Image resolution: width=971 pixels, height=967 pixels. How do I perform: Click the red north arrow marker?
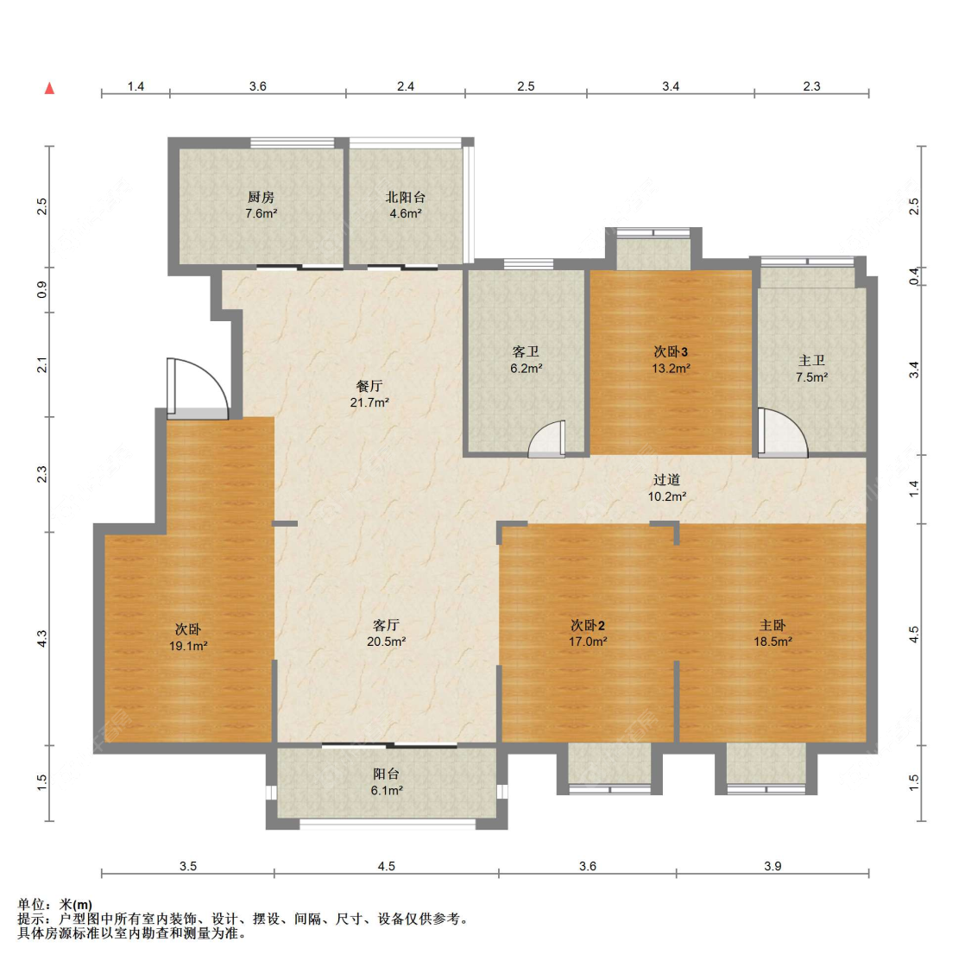(x=49, y=88)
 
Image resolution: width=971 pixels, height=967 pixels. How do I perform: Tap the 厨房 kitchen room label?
(x=261, y=197)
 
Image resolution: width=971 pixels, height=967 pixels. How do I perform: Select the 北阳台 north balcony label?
(x=406, y=197)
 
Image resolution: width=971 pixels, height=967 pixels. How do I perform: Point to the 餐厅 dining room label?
(x=369, y=386)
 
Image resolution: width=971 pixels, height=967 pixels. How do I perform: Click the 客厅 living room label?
(x=386, y=625)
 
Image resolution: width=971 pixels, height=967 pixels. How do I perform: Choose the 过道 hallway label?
(x=666, y=479)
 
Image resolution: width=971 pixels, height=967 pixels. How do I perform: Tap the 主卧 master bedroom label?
(x=772, y=625)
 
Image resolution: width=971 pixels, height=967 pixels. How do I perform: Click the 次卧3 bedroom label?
(x=671, y=352)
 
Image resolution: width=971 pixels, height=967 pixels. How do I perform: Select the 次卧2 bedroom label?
(x=588, y=625)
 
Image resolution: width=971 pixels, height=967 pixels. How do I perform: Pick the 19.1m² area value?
(x=188, y=646)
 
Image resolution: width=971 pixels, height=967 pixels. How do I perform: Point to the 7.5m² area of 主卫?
(x=812, y=377)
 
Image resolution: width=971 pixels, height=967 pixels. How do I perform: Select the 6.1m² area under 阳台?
(x=387, y=791)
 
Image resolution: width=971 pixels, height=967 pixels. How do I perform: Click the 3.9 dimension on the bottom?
(x=772, y=866)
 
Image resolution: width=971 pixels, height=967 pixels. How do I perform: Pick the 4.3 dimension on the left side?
(x=41, y=639)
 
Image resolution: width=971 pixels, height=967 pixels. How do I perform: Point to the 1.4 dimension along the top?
(x=136, y=86)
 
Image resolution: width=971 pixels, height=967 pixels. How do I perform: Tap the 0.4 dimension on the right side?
(x=913, y=276)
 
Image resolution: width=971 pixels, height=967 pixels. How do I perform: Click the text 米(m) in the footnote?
(x=76, y=905)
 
